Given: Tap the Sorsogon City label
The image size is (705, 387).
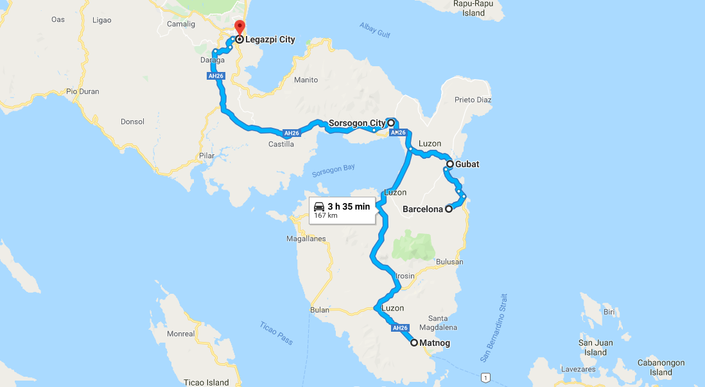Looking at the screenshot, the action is tap(356, 123).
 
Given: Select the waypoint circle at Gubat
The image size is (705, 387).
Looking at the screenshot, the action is tap(451, 165).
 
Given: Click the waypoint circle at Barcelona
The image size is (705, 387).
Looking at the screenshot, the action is tap(449, 209).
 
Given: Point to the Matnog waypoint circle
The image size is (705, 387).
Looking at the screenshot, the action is tap(414, 343).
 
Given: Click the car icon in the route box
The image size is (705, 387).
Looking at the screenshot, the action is tap(319, 206).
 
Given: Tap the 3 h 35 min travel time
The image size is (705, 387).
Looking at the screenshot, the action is tap(349, 206).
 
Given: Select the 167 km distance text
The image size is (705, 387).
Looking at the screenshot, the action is tap(326, 215).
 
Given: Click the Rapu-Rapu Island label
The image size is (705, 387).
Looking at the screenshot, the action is tap(473, 8).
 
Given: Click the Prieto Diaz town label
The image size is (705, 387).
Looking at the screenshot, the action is tap(473, 100).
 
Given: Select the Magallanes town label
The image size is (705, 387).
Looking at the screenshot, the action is tap(307, 239).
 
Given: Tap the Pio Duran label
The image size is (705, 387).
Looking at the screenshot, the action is tap(83, 91).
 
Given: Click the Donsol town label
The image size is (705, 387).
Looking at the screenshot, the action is tap(132, 122).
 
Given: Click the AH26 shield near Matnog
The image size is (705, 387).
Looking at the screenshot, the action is tap(399, 328).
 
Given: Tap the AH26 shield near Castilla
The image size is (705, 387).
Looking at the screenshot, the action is tap(292, 134).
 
